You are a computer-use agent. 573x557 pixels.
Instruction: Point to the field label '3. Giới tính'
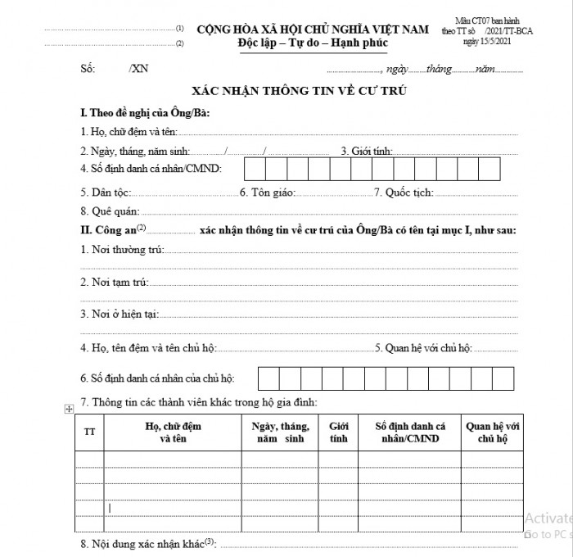366,151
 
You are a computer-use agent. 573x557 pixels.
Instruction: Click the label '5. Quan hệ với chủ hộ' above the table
423,348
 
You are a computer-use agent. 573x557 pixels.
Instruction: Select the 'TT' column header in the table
89,432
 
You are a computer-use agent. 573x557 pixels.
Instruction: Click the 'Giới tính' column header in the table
338,432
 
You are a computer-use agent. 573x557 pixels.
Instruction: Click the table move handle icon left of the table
69,409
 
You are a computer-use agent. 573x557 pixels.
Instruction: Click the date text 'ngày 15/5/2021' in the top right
491,39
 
